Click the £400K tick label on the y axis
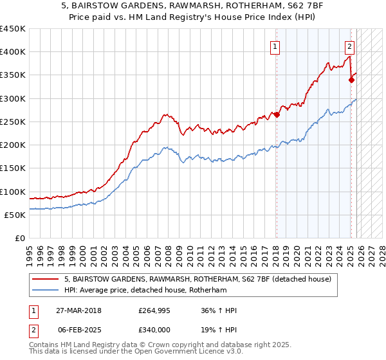12,52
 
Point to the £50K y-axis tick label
15,215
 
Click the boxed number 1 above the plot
275,46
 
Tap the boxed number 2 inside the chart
349,46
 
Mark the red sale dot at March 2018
277,115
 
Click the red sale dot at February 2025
351,80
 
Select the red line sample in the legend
45,279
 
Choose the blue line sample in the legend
45,291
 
